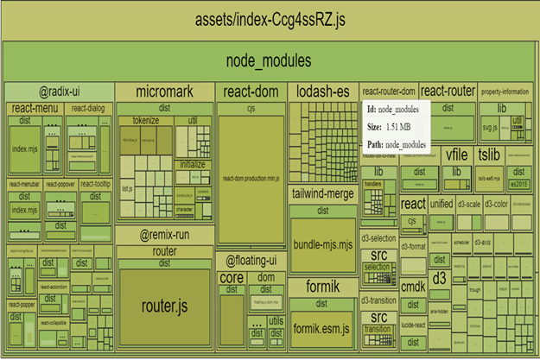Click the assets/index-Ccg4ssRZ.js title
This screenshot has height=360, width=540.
point(269,20)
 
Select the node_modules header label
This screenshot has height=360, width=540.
point(269,61)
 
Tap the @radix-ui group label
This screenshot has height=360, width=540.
point(59,92)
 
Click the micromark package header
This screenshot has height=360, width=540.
point(164,92)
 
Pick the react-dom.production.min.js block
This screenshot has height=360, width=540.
point(251,177)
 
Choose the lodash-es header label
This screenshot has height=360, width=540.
point(321,92)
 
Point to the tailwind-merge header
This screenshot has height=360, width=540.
point(322,193)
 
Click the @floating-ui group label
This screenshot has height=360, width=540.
point(251,260)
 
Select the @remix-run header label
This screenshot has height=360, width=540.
point(164,234)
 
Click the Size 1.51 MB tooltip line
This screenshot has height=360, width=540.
point(397,126)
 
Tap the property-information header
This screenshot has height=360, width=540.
point(504,92)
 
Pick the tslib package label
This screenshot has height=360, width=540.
point(489,155)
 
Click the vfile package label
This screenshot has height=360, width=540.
point(456,155)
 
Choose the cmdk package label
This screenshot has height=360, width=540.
point(414,287)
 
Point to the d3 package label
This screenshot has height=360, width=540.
point(439,279)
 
